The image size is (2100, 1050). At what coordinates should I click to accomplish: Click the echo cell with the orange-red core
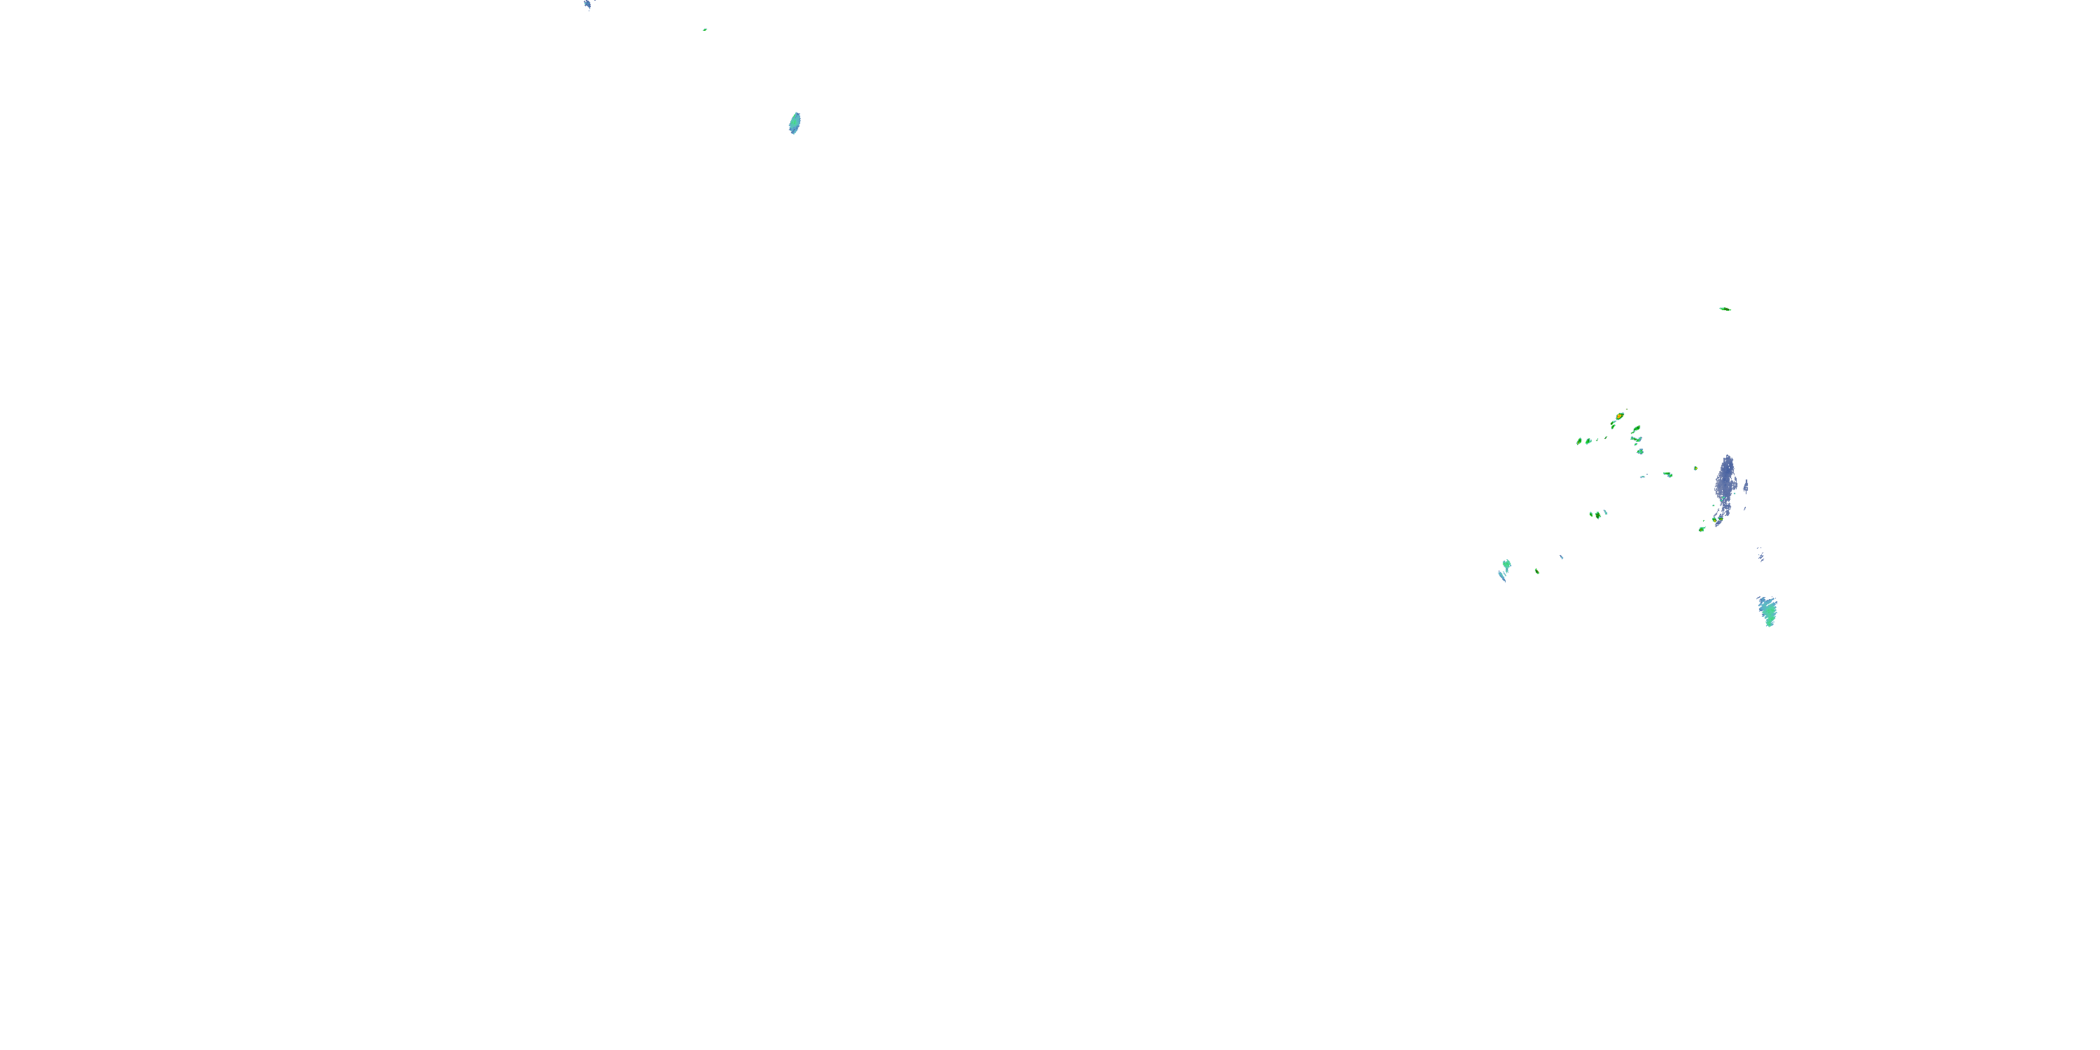click(1619, 416)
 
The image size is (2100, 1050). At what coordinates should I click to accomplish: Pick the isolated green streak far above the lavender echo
click(1724, 309)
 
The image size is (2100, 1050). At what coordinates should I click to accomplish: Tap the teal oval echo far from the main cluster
click(794, 123)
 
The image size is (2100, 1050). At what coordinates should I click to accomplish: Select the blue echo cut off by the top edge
click(587, 4)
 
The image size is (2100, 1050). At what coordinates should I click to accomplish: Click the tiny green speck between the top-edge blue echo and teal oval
click(704, 30)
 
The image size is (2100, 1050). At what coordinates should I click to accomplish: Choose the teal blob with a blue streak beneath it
click(1506, 564)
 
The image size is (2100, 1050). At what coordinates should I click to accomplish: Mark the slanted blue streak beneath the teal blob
click(1501, 575)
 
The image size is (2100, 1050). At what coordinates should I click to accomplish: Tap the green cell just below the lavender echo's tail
click(1702, 529)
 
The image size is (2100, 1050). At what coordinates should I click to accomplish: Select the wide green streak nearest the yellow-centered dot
click(1667, 475)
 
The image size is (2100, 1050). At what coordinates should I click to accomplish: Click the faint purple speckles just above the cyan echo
click(1762, 555)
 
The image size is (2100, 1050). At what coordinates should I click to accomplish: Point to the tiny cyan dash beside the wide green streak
click(1644, 476)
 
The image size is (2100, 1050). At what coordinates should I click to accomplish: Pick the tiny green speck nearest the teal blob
click(1536, 570)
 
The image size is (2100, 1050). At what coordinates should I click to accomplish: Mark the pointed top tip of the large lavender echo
click(1727, 456)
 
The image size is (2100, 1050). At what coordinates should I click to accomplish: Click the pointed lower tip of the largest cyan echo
click(1769, 625)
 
